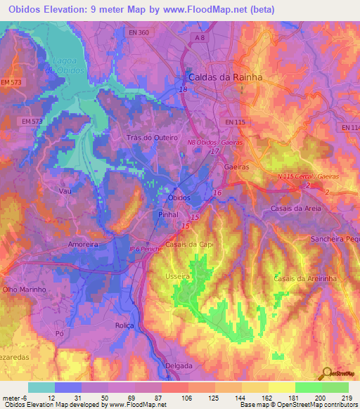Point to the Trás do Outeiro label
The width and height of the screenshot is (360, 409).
[151, 138]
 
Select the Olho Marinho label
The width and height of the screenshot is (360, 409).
[25, 289]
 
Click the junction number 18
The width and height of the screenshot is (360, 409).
[183, 90]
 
